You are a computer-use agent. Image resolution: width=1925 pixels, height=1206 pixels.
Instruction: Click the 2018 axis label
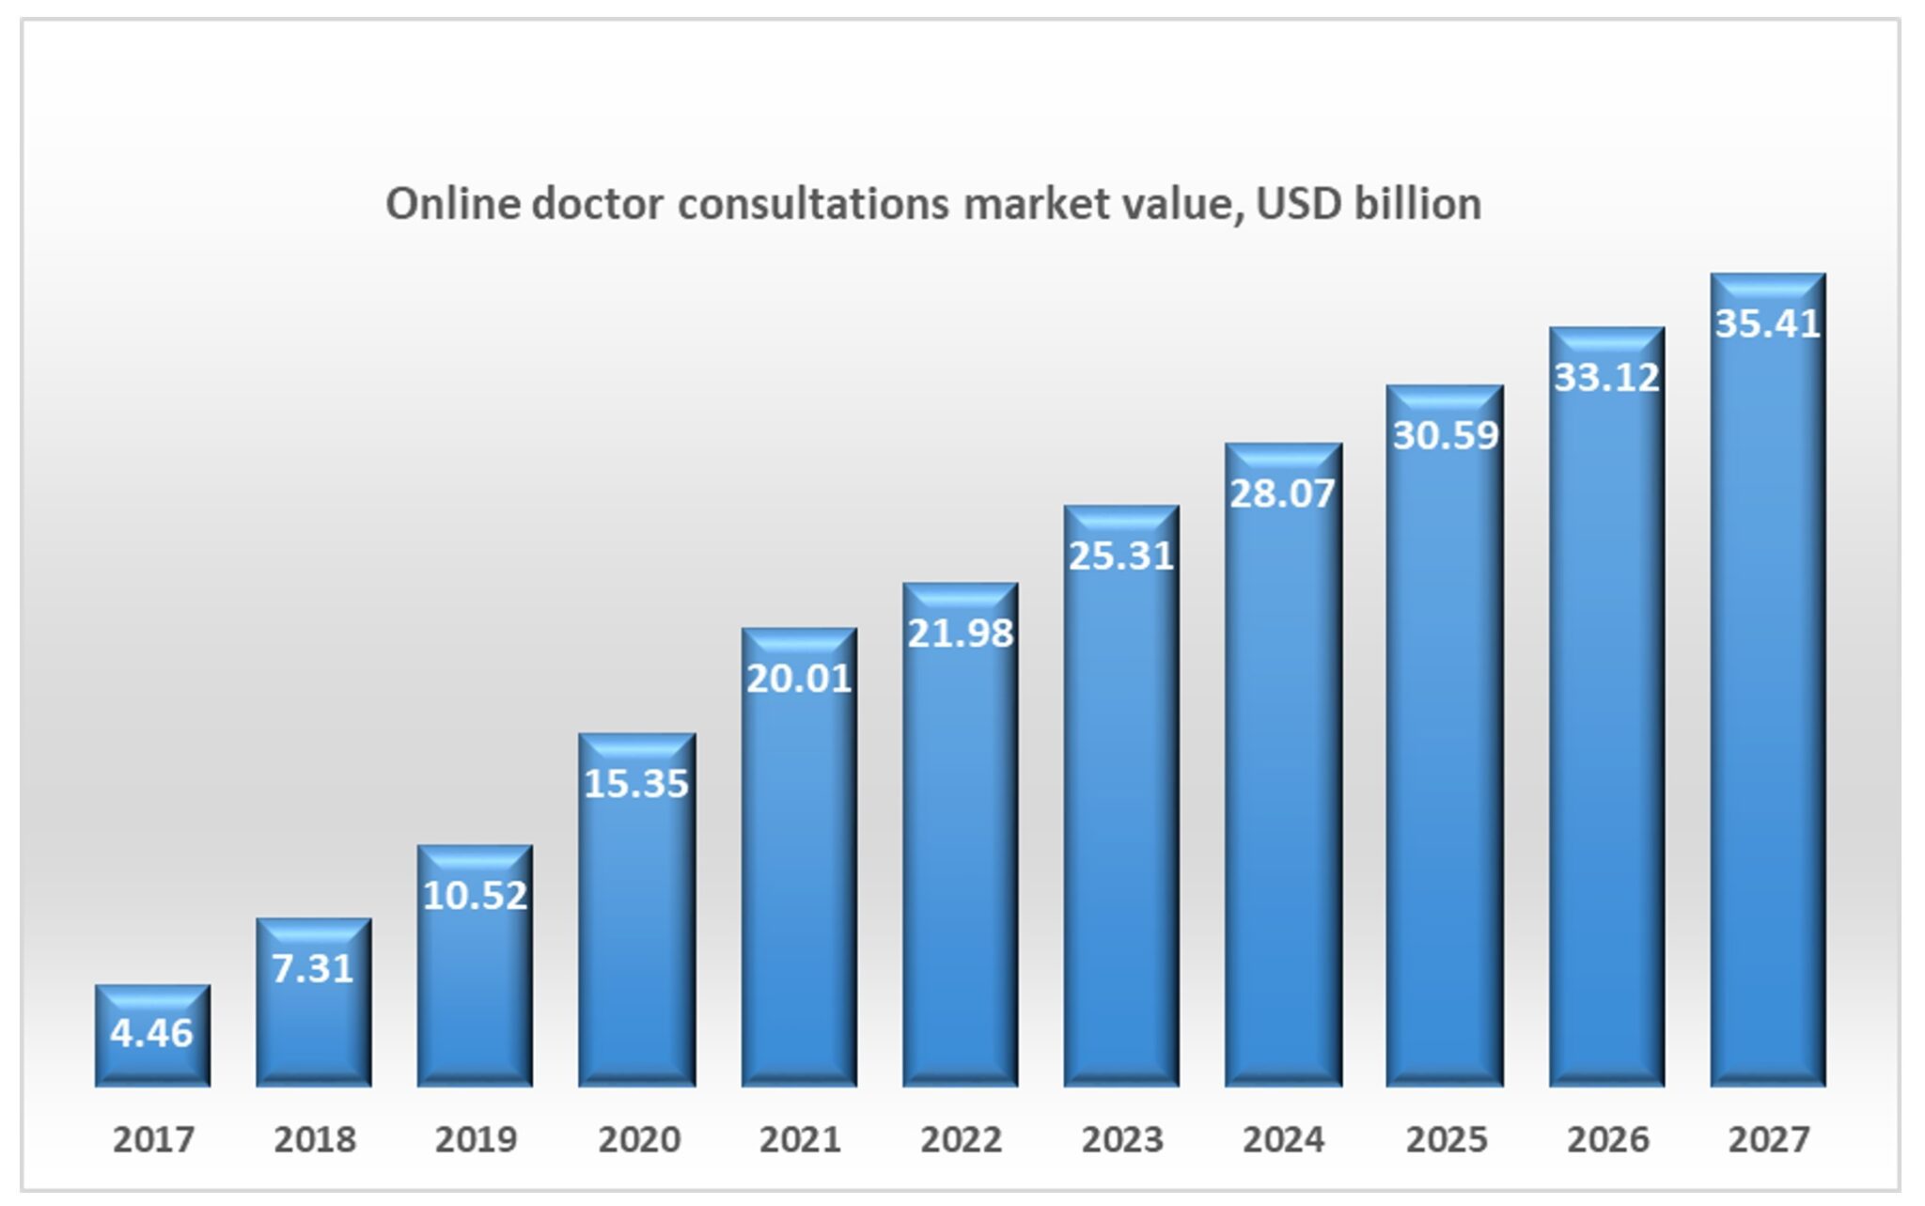tap(315, 1139)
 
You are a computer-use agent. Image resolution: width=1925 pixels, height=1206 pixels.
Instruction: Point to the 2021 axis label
tap(800, 1139)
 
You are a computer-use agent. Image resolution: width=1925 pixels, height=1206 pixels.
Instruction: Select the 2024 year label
tap(1283, 1139)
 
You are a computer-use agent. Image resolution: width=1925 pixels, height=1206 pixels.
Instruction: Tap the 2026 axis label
tap(1607, 1139)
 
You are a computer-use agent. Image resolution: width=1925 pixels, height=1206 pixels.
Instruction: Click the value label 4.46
tap(151, 1033)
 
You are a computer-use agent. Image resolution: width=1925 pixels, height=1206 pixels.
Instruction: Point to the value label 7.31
tap(313, 968)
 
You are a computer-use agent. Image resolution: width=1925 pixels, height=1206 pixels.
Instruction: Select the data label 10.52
tap(476, 895)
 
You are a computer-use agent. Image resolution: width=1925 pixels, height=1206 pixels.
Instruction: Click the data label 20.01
tap(799, 679)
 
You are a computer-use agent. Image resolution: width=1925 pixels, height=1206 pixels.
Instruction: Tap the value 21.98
tap(961, 634)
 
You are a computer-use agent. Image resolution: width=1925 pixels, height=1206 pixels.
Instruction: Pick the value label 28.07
tap(1283, 493)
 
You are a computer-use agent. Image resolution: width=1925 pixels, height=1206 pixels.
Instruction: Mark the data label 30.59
tap(1446, 435)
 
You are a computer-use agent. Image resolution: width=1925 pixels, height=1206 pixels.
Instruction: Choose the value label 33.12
tap(1607, 377)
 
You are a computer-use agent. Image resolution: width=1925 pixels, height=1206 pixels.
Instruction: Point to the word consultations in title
tap(813, 204)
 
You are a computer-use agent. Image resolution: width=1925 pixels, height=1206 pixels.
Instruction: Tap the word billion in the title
tap(1417, 204)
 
